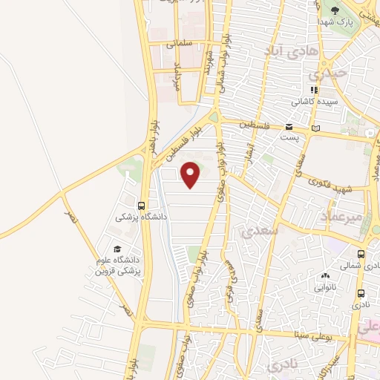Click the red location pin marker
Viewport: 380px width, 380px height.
click(191, 175)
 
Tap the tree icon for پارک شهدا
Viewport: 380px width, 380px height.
click(335, 10)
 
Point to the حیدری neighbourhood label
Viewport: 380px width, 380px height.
click(327, 75)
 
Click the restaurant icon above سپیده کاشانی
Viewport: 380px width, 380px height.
click(314, 90)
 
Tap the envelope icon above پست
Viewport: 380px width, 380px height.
click(289, 127)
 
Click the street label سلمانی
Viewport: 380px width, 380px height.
click(181, 44)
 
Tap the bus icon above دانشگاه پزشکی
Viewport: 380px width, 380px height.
click(141, 206)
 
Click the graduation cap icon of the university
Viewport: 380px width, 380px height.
click(117, 250)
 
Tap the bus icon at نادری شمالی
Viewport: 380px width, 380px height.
click(361, 254)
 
